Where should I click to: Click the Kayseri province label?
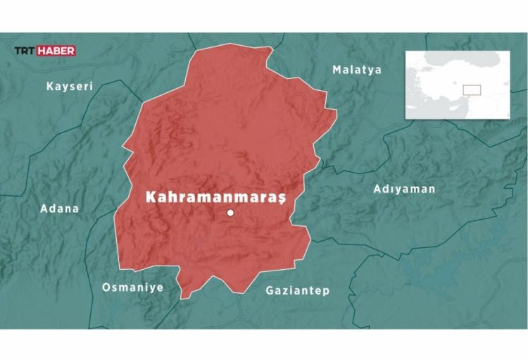70,87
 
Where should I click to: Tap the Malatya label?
356,70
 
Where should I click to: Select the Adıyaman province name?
404,189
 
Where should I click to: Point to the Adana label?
60,209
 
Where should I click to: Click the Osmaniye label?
132,287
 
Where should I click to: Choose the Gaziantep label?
297,290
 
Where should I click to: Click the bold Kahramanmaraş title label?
215,197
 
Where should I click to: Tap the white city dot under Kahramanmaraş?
230,213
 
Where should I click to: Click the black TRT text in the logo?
25,51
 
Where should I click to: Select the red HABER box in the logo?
56,51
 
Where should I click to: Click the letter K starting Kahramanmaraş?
151,197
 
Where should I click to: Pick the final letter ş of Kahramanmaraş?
282,199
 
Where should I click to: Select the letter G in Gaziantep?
270,290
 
